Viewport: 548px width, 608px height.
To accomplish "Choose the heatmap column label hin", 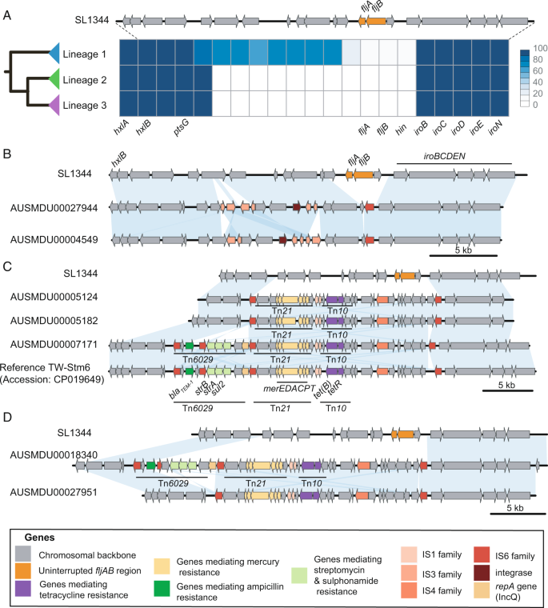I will [x=407, y=128].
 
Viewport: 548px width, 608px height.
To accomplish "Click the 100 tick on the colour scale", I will [x=537, y=51].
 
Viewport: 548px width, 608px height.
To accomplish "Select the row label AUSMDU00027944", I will [x=54, y=206].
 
